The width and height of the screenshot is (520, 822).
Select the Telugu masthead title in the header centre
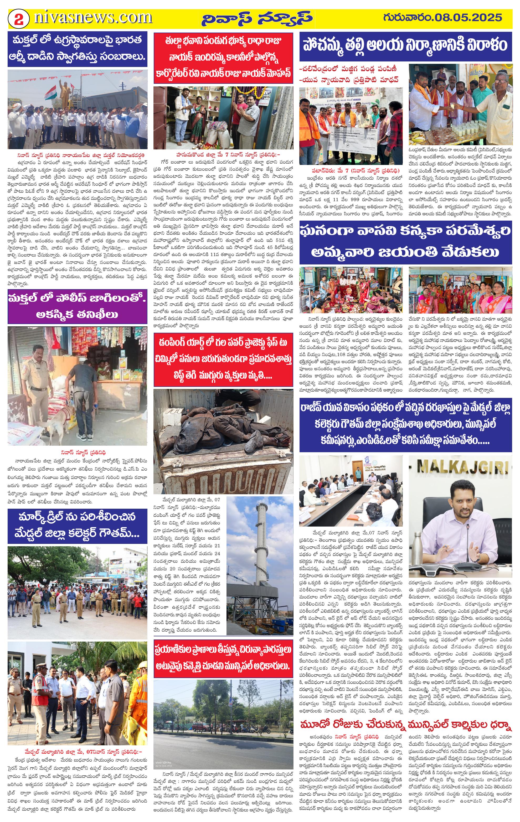point(256,19)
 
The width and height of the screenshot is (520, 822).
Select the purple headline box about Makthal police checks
point(78,306)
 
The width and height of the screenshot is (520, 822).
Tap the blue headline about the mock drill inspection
point(78,526)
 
